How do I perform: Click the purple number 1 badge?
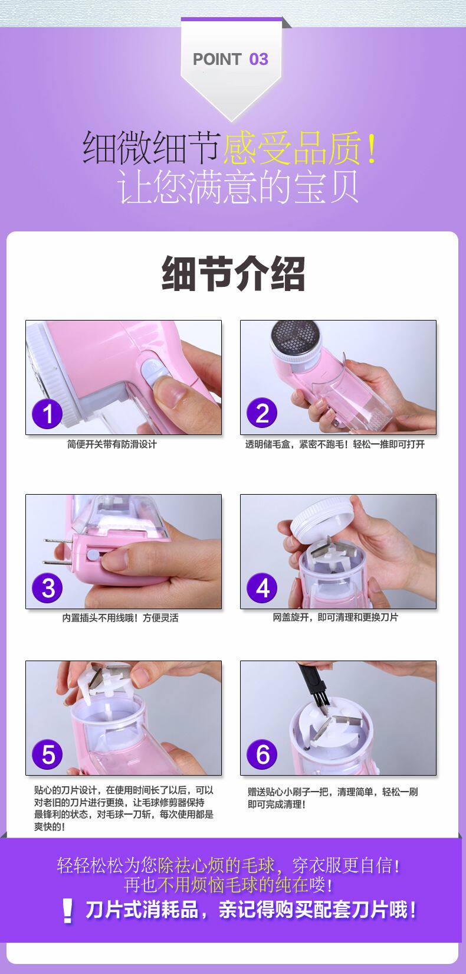click(x=47, y=413)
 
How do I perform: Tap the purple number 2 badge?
click(x=262, y=413)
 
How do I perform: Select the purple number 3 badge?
click(x=47, y=588)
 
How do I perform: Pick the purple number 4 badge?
click(x=262, y=588)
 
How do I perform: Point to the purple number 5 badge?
click(x=47, y=754)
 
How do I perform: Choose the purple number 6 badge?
click(x=262, y=754)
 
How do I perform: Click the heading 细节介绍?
click(x=233, y=273)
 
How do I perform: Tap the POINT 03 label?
click(x=231, y=59)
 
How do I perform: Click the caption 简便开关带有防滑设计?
click(x=111, y=444)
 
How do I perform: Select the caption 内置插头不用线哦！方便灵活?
click(x=120, y=618)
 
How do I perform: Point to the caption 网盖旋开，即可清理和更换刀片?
click(x=335, y=617)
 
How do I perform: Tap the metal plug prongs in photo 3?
click(x=58, y=552)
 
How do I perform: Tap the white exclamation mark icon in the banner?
click(x=67, y=910)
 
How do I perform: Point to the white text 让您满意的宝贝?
click(x=238, y=187)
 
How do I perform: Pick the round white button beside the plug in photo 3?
click(x=93, y=555)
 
